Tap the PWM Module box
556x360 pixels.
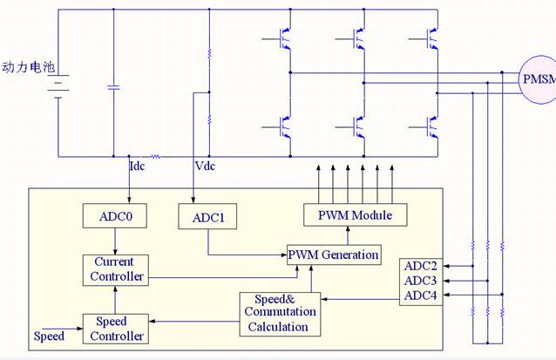point(348,214)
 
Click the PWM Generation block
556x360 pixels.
point(335,254)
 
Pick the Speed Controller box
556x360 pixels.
point(114,328)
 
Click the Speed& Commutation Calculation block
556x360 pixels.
point(279,313)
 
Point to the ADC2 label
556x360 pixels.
point(421,265)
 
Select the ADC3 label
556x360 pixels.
point(421,280)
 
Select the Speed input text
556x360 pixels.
point(49,336)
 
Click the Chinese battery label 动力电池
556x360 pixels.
point(28,66)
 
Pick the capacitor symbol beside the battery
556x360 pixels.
point(113,87)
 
